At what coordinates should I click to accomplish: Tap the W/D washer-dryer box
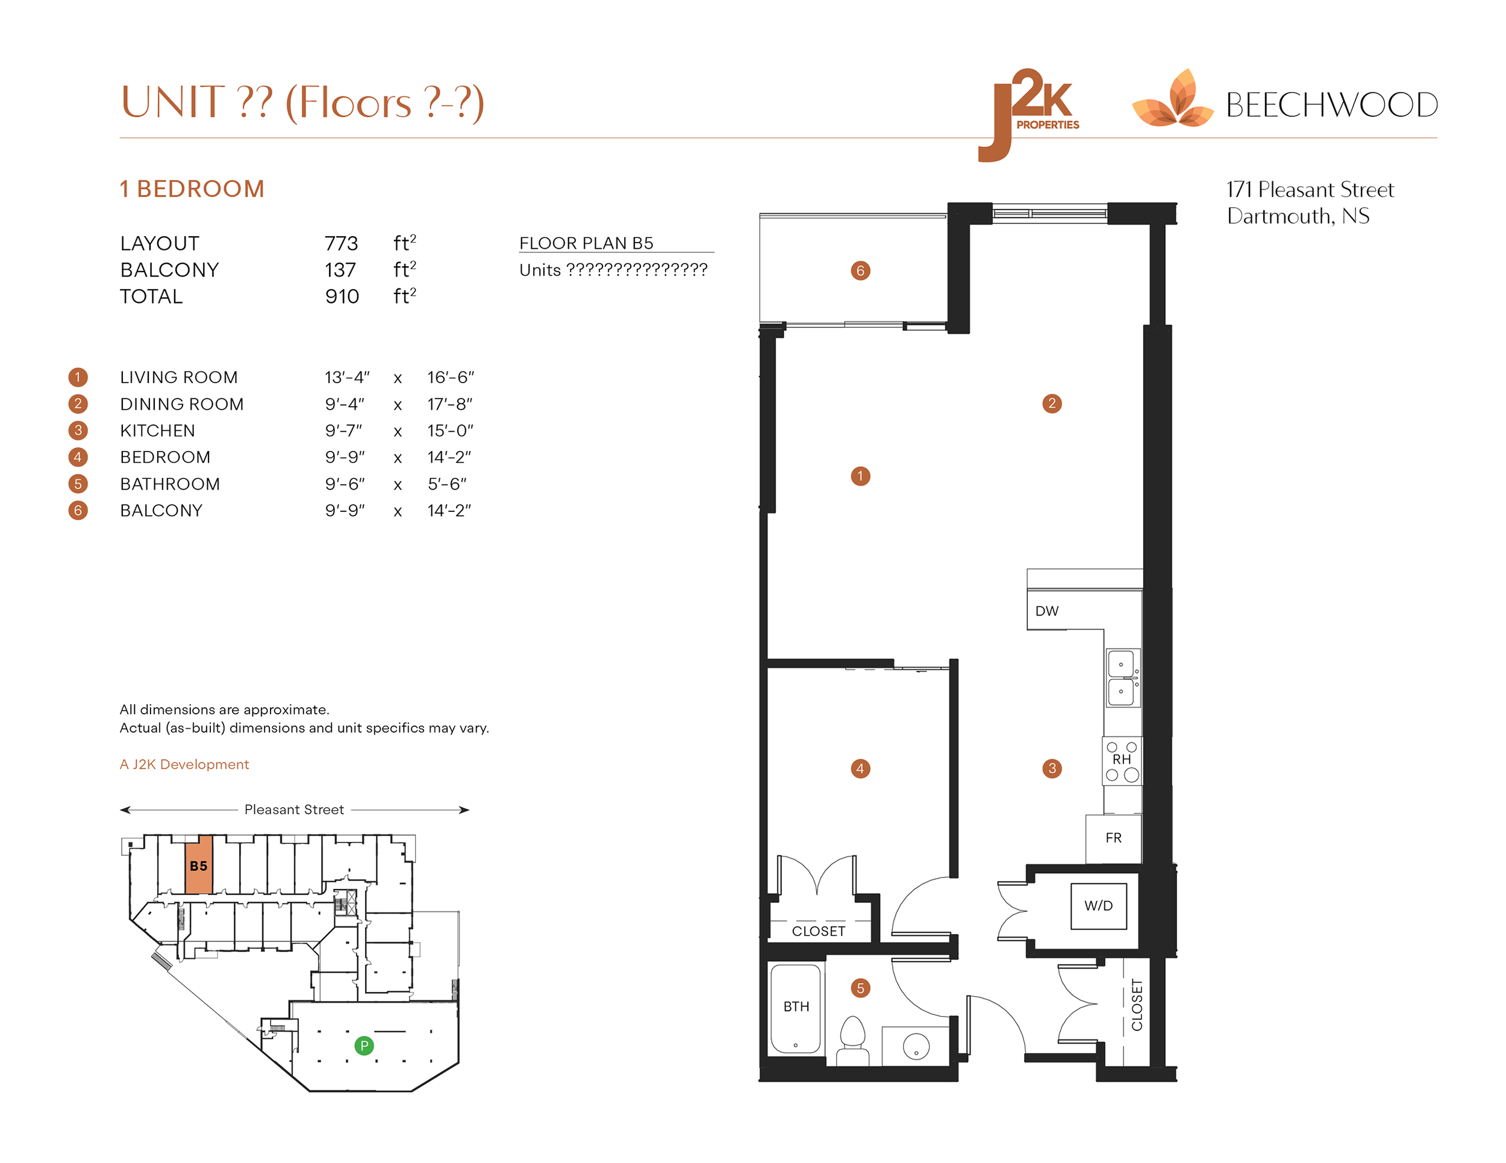[x=1098, y=906]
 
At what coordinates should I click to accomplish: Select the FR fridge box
[x=1113, y=838]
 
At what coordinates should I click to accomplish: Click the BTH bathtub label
[x=796, y=1006]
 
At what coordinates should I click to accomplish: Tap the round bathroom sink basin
[x=916, y=1046]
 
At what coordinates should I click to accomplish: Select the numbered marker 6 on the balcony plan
[x=860, y=270]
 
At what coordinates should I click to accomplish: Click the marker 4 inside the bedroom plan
[x=860, y=768]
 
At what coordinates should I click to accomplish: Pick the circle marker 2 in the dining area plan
[x=1052, y=404]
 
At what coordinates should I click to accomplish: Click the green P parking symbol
[x=363, y=1046]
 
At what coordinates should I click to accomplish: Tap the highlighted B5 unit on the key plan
[x=199, y=866]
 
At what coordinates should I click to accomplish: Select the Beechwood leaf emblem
[x=1173, y=101]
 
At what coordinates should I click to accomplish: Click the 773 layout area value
[x=342, y=243]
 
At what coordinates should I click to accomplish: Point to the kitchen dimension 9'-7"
[x=343, y=431]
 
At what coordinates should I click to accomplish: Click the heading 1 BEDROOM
[x=192, y=189]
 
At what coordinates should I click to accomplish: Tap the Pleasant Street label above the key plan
[x=294, y=809]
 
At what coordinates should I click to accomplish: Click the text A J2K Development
[x=184, y=764]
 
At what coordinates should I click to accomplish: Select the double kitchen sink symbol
[x=1122, y=678]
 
